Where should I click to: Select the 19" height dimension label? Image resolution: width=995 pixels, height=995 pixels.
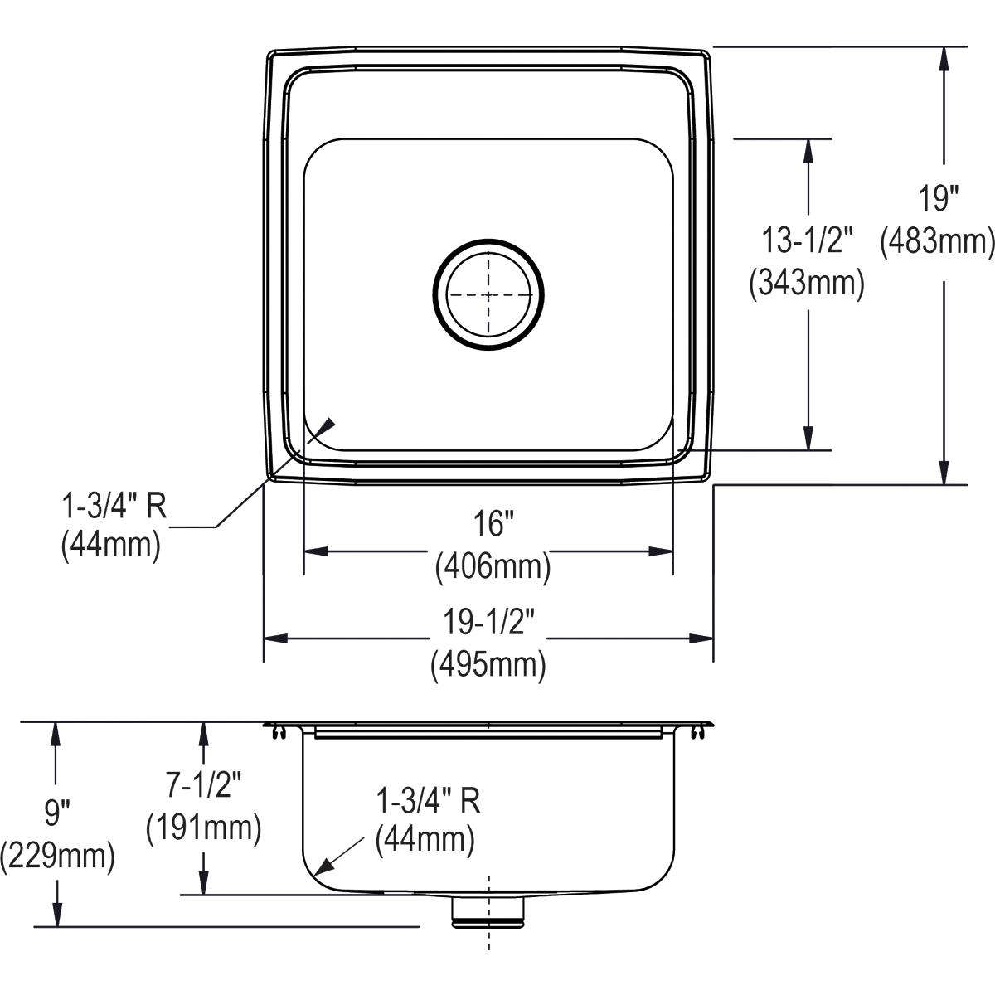938,200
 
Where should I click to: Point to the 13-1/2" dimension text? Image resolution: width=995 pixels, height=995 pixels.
807,241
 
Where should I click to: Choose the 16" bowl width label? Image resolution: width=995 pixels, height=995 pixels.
489,524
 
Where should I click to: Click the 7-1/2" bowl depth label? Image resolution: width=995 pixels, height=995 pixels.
201,785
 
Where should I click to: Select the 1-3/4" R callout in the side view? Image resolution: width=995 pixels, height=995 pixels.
428,800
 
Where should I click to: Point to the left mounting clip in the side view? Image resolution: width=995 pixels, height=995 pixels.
278,731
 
